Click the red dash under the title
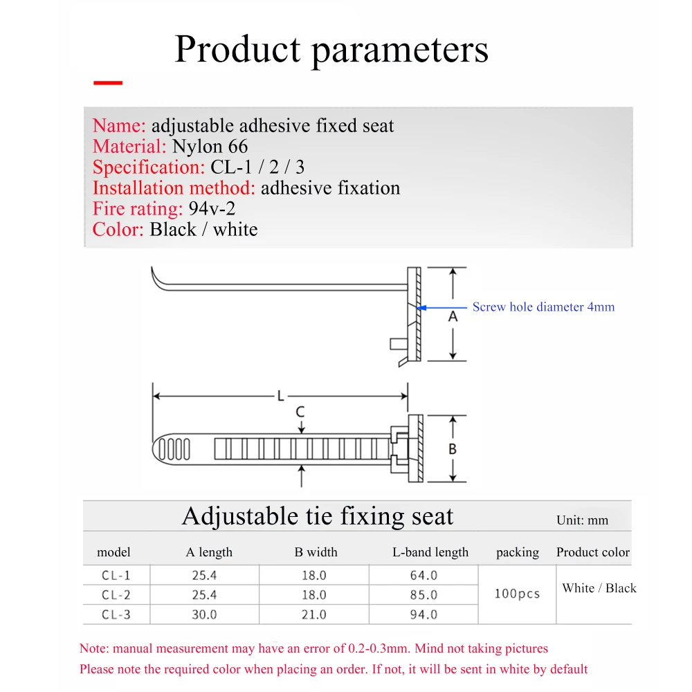click(x=107, y=83)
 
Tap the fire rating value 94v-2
click(x=212, y=209)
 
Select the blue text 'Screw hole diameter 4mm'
click(x=543, y=307)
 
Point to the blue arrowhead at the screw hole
click(x=422, y=307)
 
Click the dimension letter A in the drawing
click(x=453, y=316)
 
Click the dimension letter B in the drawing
click(x=453, y=449)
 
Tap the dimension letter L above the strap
click(x=280, y=397)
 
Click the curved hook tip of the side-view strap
click(x=156, y=280)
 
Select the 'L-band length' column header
click(x=430, y=552)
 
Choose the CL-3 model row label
click(x=116, y=614)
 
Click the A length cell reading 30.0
click(x=204, y=614)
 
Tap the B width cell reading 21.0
click(x=313, y=614)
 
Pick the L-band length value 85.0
click(x=424, y=594)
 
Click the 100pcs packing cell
click(x=517, y=594)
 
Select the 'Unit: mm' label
click(x=582, y=520)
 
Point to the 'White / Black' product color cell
click(x=599, y=588)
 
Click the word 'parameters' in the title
click(x=399, y=50)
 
